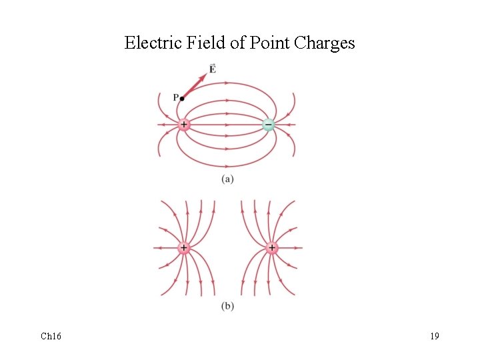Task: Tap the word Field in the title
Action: click(197, 43)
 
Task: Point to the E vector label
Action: click(212, 69)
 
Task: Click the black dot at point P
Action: click(182, 99)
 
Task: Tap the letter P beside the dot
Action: click(175, 97)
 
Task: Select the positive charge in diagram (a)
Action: click(183, 125)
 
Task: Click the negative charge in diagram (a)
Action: click(268, 125)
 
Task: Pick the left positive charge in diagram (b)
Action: click(183, 248)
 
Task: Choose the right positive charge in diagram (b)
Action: click(271, 248)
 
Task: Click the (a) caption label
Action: click(227, 179)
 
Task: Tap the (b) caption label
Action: click(227, 306)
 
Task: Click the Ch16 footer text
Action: click(51, 336)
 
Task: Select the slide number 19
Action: click(434, 336)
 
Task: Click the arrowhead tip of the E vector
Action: click(205, 75)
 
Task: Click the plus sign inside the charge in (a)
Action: click(183, 125)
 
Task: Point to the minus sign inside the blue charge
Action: click(268, 125)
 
